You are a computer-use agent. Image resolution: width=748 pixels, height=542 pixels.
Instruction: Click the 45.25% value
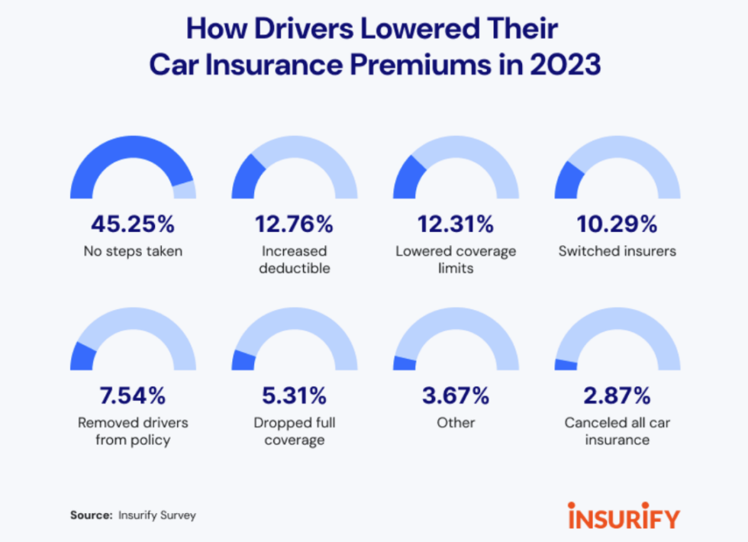133,224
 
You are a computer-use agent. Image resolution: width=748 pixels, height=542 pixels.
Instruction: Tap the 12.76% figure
294,224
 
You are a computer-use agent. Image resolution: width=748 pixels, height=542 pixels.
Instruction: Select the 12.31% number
456,224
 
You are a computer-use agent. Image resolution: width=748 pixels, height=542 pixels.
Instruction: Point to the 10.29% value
617,224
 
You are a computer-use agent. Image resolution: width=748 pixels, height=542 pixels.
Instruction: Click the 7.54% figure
133,396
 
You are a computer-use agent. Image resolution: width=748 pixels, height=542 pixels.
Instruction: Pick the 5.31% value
294,396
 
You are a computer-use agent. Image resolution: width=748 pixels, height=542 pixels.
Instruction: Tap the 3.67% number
456,396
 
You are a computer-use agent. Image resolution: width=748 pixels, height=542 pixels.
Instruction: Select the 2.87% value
617,396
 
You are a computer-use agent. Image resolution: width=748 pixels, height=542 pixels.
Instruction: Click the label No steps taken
133,251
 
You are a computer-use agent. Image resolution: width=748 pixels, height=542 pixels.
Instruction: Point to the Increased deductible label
294,260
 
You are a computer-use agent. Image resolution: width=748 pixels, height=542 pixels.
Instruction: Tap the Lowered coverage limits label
456,260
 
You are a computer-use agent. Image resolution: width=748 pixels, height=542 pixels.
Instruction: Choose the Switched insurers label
617,251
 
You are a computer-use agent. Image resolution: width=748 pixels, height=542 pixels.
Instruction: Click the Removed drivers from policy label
133,431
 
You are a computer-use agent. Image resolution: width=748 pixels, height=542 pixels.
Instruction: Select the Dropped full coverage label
294,431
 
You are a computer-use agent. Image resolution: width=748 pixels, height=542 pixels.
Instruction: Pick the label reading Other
456,423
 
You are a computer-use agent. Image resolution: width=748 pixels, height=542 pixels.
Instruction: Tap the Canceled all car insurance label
617,431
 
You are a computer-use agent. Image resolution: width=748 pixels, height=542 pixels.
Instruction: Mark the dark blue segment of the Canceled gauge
566,365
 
